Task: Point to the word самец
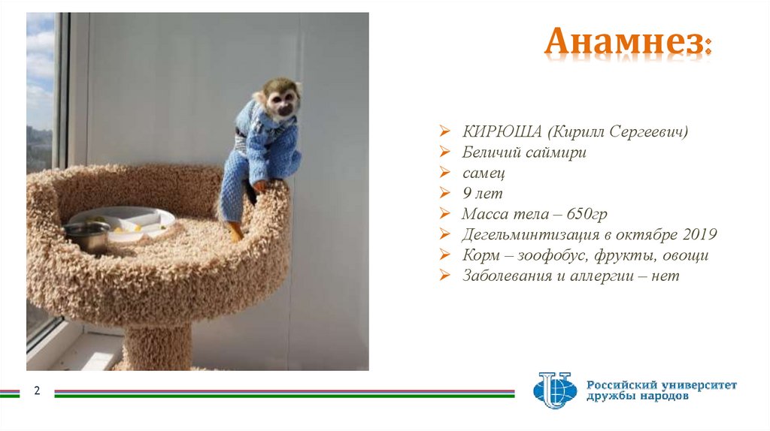(x=484, y=173)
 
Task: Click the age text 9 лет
(x=482, y=194)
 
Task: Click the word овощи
(x=684, y=255)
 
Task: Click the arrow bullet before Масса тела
(x=446, y=215)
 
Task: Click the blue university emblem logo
(x=554, y=390)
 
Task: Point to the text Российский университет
(x=662, y=385)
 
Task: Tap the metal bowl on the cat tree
(x=87, y=235)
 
